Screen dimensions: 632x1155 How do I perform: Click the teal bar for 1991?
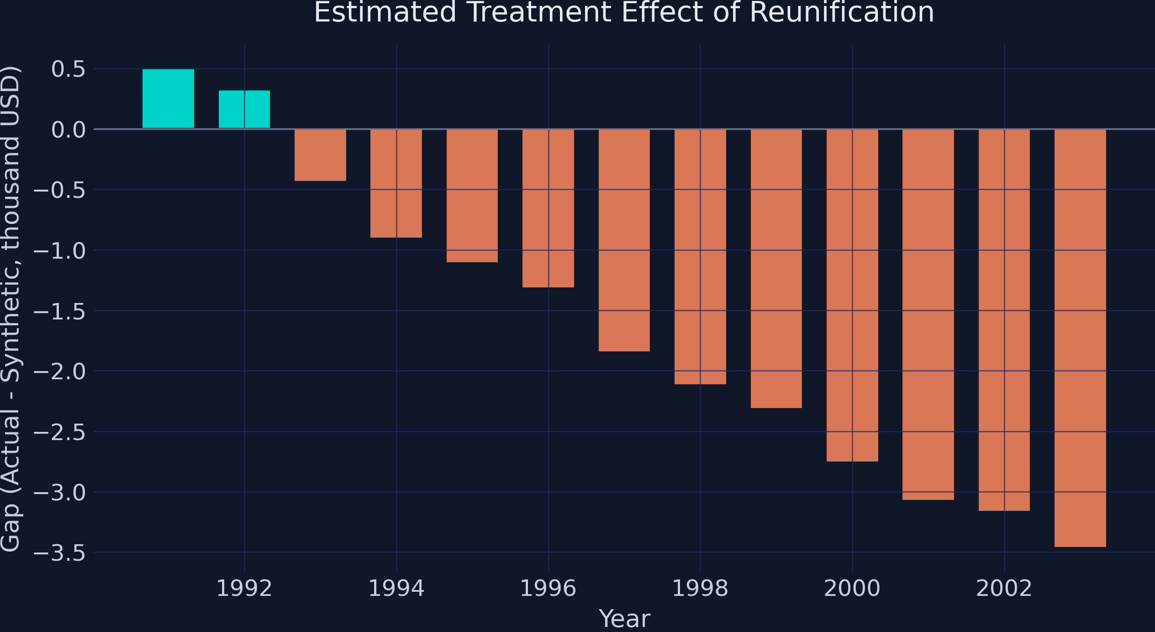coord(168,99)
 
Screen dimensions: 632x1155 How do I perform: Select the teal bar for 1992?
coord(244,110)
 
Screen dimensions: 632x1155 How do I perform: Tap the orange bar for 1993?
coord(320,155)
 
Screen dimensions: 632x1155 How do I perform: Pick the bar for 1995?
coord(472,196)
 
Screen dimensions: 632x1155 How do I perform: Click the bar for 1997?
coord(624,240)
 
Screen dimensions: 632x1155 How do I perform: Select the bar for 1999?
coord(776,269)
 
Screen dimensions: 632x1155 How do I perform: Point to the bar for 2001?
coord(928,314)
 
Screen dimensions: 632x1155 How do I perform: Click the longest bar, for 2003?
coord(1080,338)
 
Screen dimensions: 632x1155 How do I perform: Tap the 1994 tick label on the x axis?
coord(396,588)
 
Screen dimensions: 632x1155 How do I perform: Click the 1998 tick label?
coord(700,588)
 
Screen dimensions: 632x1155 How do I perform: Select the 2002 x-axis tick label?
coord(1004,588)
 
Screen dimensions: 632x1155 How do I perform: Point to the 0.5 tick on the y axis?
coord(69,69)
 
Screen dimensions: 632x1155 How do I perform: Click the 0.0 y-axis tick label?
coord(69,130)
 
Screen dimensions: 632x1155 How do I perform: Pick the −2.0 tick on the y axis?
coord(60,372)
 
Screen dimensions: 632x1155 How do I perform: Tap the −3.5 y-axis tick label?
coord(60,553)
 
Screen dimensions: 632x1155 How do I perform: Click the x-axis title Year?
coord(624,619)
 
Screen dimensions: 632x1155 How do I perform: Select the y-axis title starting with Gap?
coord(10,309)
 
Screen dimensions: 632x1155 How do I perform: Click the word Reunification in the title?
coord(842,12)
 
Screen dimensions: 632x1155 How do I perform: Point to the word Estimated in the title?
coord(385,12)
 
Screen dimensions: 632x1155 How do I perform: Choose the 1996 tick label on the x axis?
coord(548,588)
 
